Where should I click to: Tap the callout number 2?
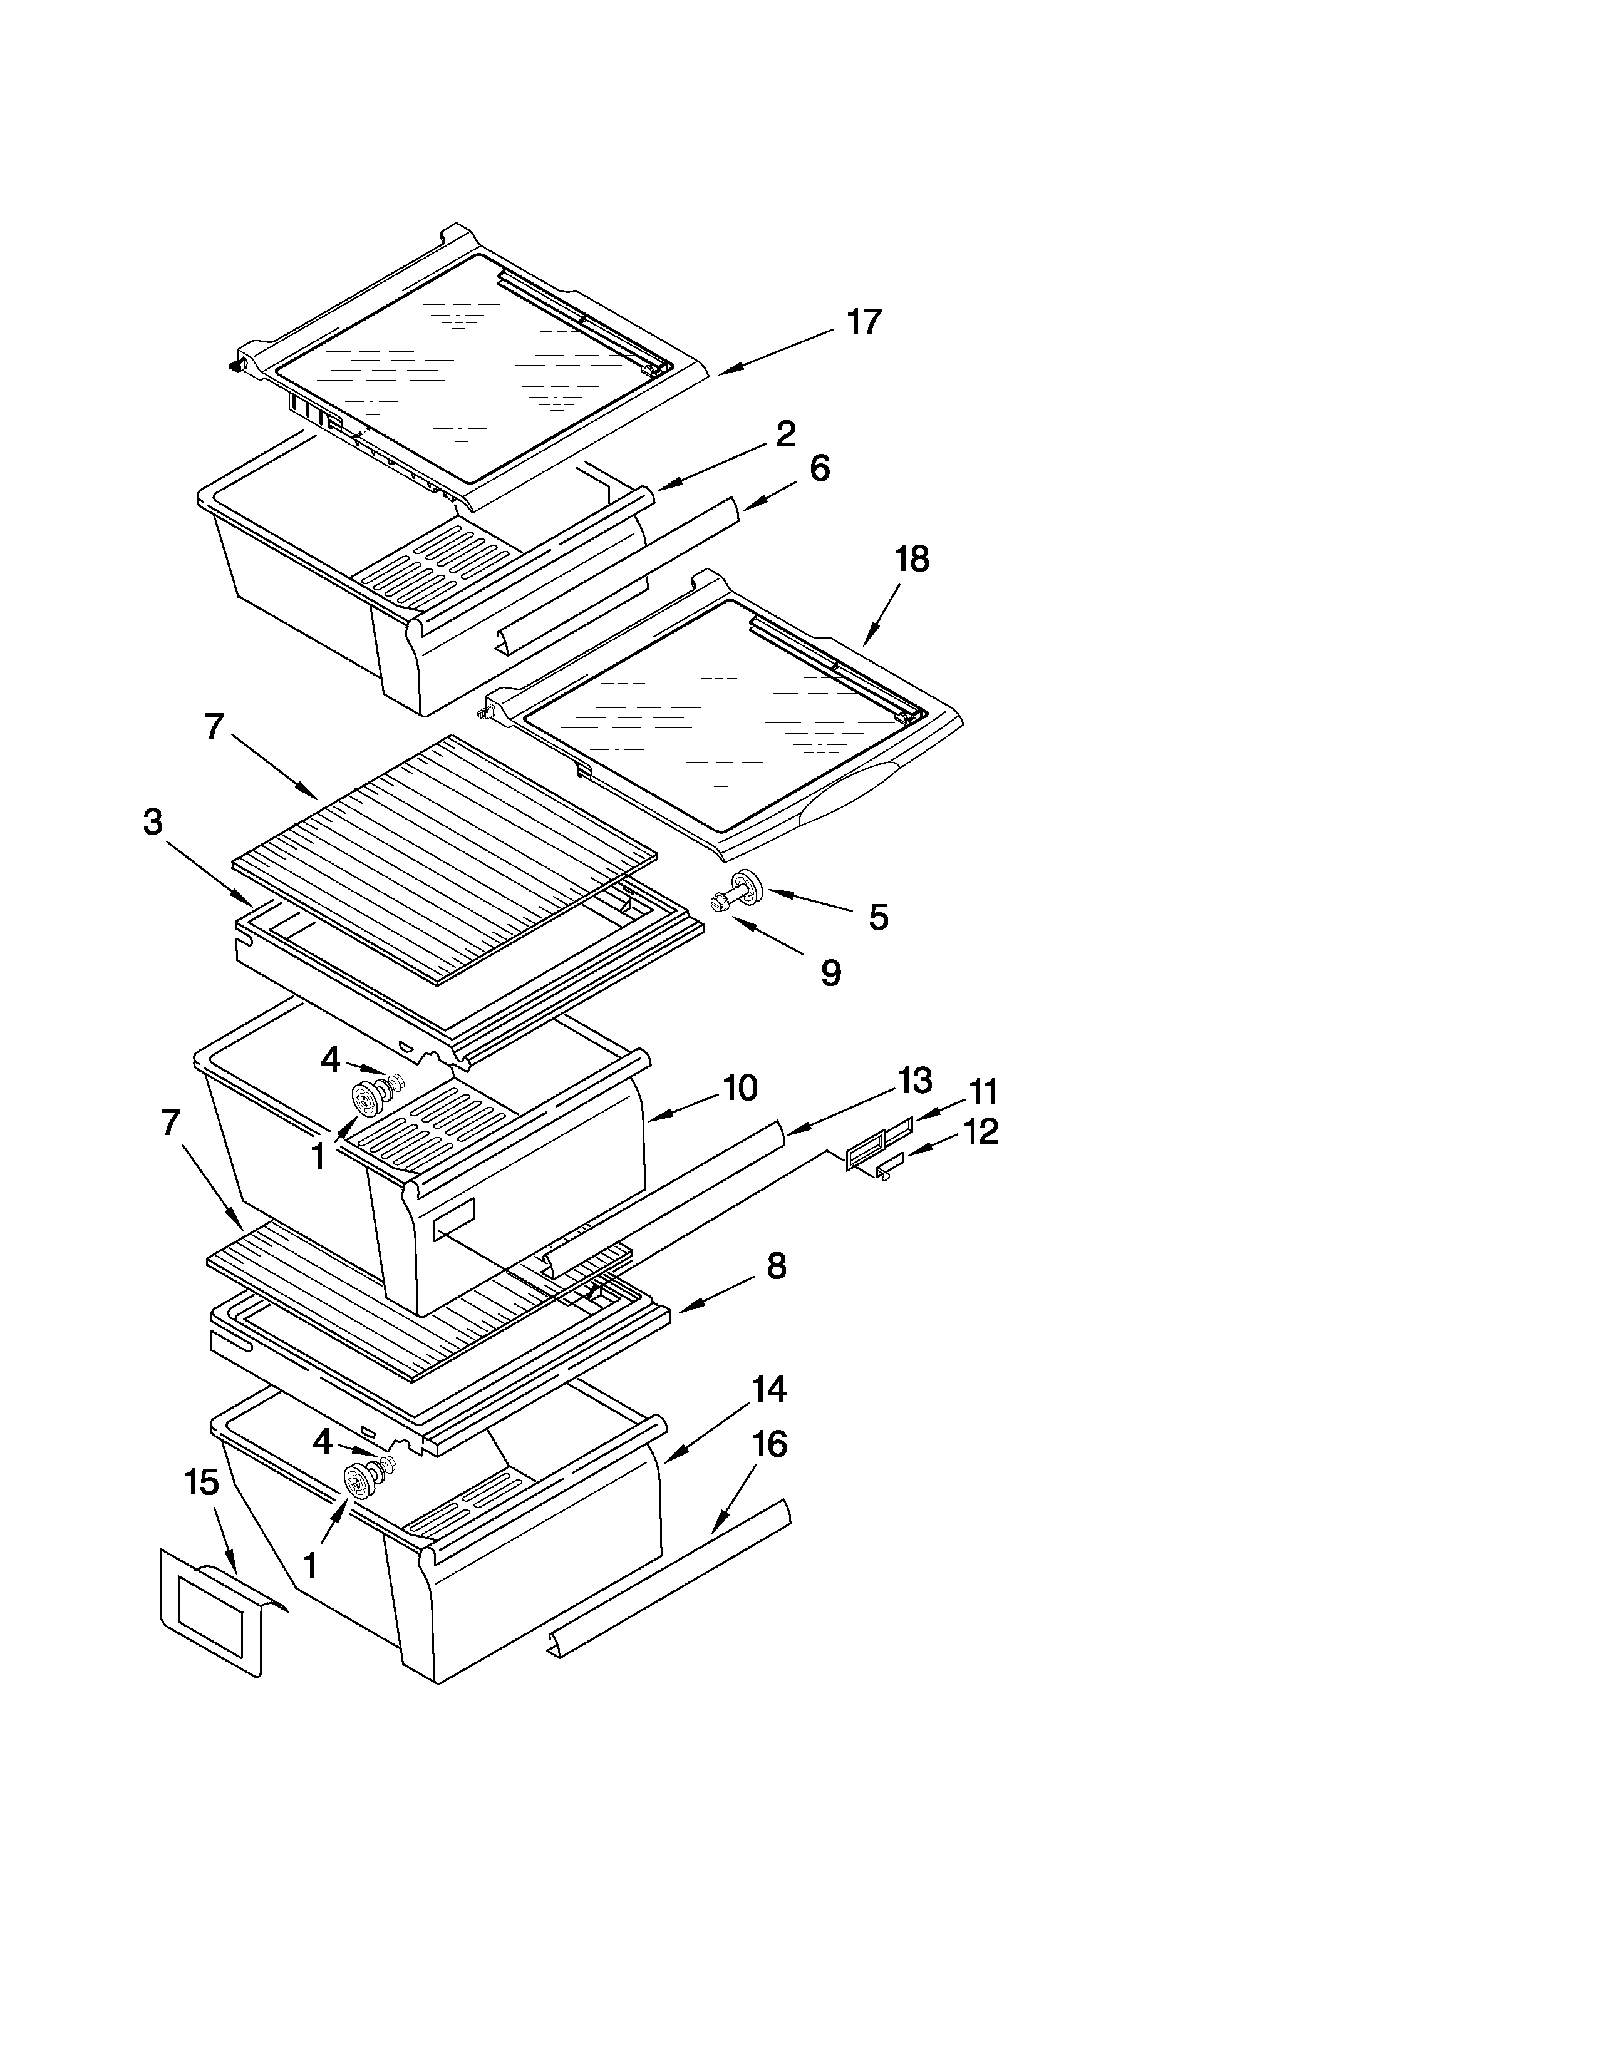(785, 435)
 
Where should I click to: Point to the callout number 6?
(819, 468)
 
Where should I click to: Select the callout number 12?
(981, 1131)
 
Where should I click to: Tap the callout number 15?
(202, 1483)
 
